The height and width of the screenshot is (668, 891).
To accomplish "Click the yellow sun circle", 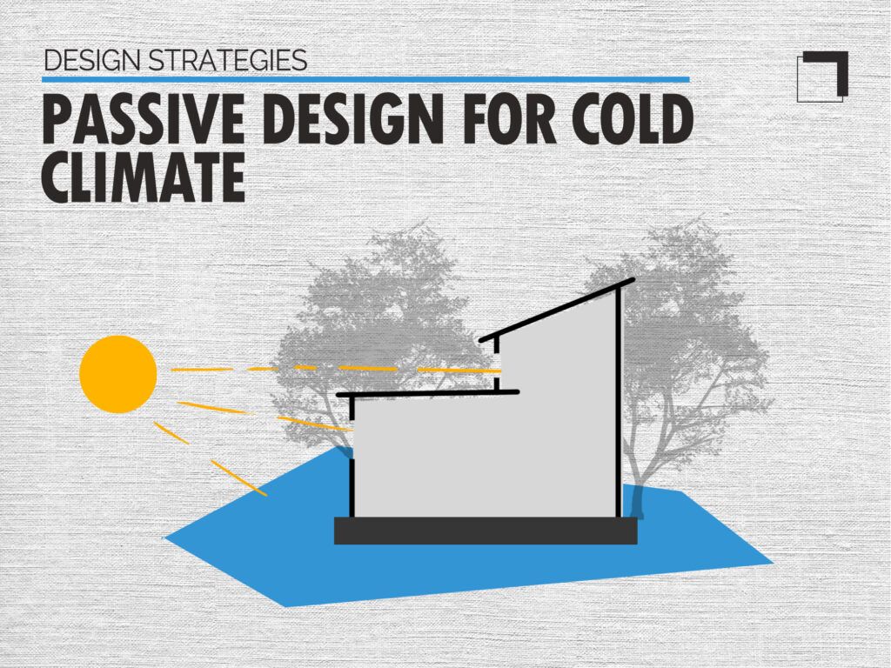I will coord(118,374).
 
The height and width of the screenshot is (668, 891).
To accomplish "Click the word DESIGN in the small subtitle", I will coord(92,60).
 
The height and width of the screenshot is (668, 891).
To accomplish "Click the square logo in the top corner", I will coord(822,77).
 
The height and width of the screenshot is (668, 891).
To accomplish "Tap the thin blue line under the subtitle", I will coord(365,79).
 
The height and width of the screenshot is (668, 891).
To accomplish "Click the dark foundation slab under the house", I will coord(486,531).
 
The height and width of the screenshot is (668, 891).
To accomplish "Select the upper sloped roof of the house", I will coord(557,309).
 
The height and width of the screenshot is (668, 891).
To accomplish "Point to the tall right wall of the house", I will coord(620,400).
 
